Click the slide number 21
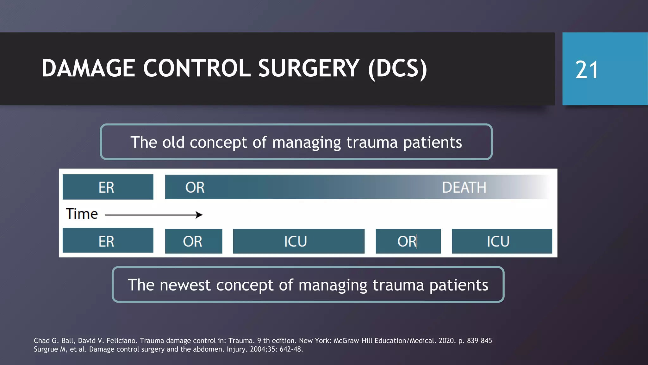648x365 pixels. [587, 70]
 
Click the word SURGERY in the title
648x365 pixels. [308, 68]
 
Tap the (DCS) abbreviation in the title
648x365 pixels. [397, 68]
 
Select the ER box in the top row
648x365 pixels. [108, 187]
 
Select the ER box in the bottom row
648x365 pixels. [108, 241]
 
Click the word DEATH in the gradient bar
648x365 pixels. [464, 187]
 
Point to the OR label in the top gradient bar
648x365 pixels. [195, 187]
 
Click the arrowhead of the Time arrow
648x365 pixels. [199, 215]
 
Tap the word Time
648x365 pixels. [82, 214]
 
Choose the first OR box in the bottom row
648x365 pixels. [193, 241]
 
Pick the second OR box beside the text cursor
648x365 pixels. [408, 241]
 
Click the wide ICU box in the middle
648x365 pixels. [298, 241]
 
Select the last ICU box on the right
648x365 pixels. [502, 241]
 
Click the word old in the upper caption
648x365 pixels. [173, 142]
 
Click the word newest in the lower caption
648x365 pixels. [185, 285]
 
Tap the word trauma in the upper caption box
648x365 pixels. [372, 142]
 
